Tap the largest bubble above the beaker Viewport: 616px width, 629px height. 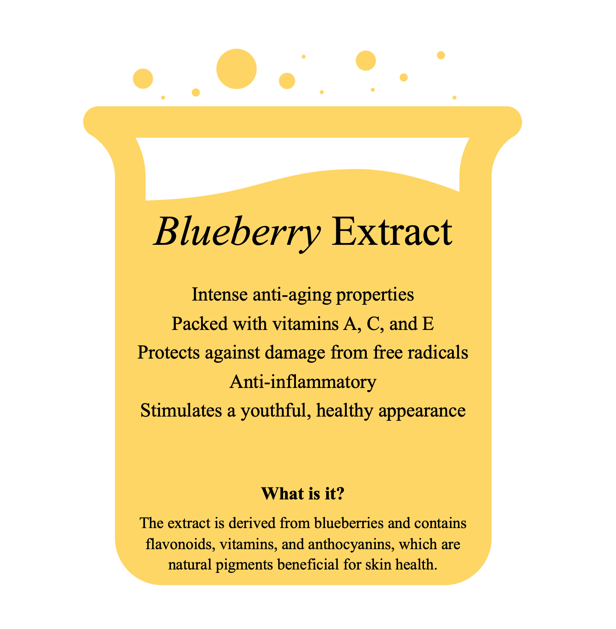coord(236,69)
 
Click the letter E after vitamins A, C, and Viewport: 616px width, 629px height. coord(428,324)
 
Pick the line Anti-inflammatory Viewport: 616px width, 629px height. coord(303,382)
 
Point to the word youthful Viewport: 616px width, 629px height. coord(276,411)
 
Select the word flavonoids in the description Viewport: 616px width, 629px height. coord(180,544)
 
